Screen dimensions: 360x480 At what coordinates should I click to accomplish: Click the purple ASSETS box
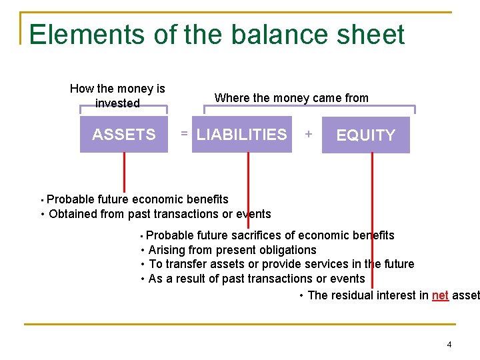point(123,135)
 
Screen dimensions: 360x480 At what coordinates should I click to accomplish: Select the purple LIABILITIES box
point(241,135)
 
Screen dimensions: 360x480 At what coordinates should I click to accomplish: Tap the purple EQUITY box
point(365,135)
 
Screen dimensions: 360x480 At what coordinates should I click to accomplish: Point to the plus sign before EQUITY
point(308,135)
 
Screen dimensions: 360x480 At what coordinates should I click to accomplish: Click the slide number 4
point(449,345)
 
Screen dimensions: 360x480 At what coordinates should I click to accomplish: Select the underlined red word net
point(440,295)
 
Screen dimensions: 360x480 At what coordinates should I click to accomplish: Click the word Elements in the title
point(77,35)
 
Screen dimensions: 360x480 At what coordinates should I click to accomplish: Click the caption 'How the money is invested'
point(117,96)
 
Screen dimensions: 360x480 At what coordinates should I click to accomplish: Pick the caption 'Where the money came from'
point(291,98)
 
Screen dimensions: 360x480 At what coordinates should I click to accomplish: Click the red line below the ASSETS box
point(123,172)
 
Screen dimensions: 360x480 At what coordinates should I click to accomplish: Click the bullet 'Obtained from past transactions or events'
point(159,214)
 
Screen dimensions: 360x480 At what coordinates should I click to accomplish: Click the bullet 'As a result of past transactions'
point(256,279)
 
